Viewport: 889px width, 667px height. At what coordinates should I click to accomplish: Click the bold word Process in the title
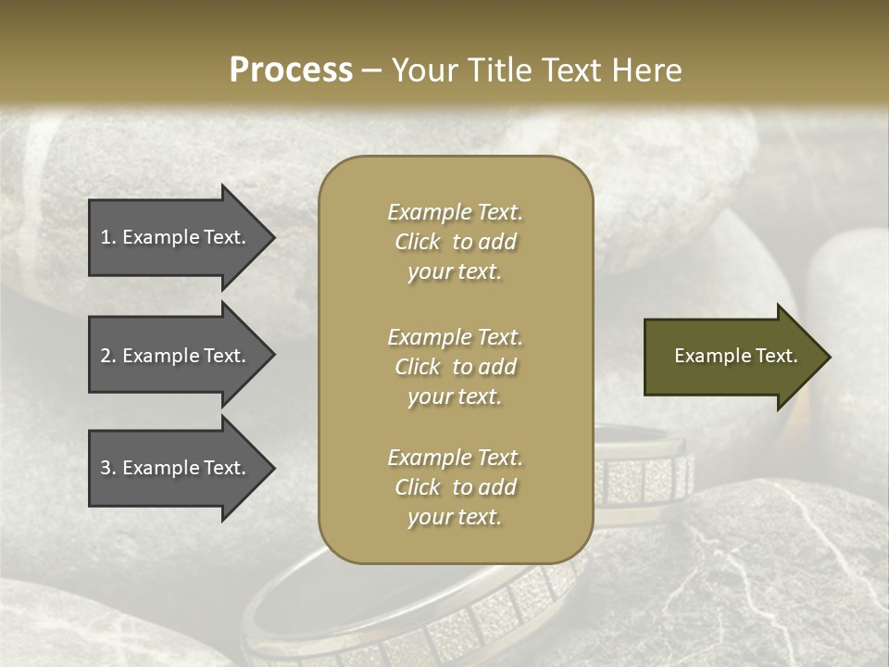click(x=291, y=70)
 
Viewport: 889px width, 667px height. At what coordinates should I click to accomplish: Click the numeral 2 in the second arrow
click(x=106, y=356)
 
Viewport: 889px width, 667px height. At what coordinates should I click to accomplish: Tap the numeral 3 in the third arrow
click(x=106, y=468)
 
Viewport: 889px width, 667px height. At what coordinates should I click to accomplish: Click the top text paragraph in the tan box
click(x=455, y=242)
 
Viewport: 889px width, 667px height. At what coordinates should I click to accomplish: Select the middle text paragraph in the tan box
click(x=455, y=367)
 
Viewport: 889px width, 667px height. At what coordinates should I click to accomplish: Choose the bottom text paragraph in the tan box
click(x=455, y=487)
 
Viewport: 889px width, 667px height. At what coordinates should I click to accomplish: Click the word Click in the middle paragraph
click(x=418, y=367)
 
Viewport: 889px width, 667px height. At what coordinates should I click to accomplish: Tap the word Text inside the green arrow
click(x=775, y=356)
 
